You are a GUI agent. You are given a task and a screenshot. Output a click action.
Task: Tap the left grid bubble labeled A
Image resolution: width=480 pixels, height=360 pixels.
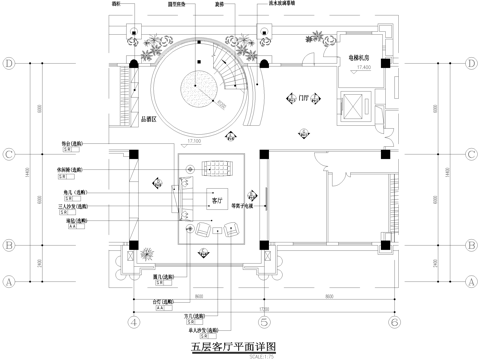point(9,282)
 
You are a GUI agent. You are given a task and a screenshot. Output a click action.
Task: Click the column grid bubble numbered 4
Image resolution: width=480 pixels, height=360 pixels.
point(132,323)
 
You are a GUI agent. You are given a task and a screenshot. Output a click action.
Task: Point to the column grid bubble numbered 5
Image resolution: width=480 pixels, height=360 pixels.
point(263,323)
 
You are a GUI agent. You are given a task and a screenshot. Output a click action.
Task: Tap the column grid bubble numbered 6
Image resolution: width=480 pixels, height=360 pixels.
point(395,323)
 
